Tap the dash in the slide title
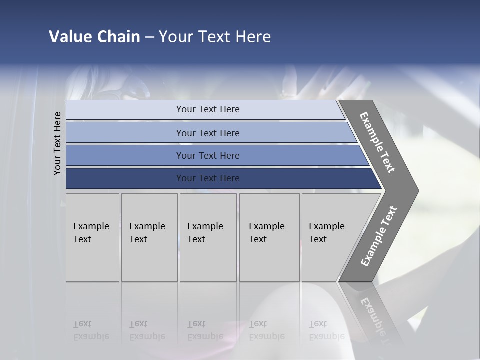click(149, 37)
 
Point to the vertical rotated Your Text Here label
click(57, 143)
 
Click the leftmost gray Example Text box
click(92, 237)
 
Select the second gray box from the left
click(149, 237)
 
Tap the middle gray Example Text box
click(208, 237)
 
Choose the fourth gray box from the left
click(269, 237)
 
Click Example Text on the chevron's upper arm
click(377, 142)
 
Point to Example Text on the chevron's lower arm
click(379, 236)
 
